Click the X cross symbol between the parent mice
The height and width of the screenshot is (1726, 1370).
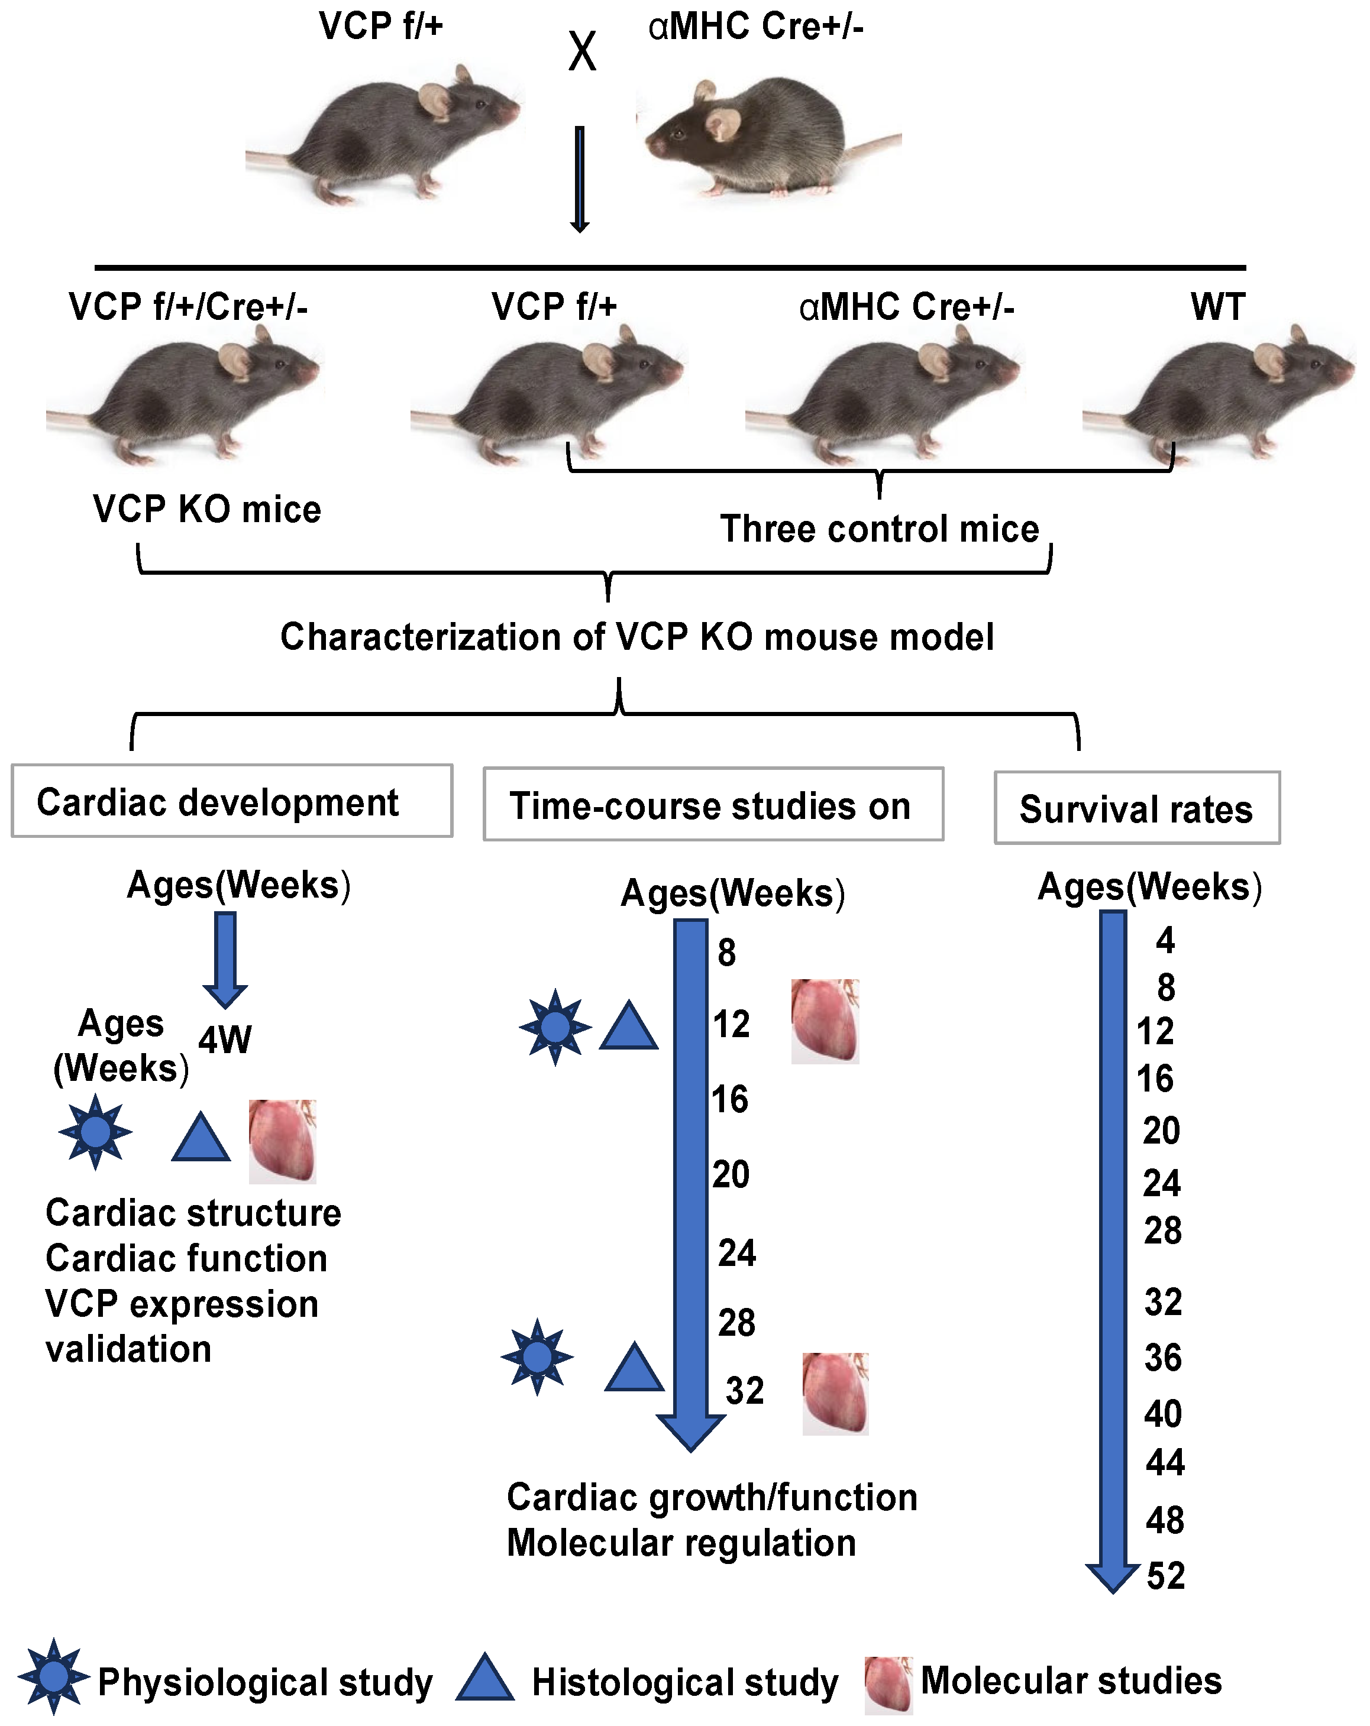[582, 52]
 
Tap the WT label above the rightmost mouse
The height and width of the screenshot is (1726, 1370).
[1217, 307]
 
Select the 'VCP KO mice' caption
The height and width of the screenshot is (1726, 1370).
[206, 509]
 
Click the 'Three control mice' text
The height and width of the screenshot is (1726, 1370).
[879, 529]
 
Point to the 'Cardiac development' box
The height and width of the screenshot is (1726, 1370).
[231, 801]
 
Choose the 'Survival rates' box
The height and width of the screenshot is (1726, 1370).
[1136, 808]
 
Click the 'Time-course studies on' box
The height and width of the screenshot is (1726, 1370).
[713, 805]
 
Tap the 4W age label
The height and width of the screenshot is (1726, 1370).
[225, 1040]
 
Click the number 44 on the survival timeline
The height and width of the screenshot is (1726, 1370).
[1165, 1463]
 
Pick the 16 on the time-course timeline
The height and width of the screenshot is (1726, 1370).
[730, 1099]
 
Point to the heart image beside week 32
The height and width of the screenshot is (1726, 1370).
[835, 1393]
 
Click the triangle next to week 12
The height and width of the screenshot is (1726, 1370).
[629, 1027]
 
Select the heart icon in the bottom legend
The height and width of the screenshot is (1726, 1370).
[888, 1683]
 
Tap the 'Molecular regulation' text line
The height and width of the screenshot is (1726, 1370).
[681, 1543]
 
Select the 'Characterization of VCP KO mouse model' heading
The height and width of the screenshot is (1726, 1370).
[636, 637]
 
